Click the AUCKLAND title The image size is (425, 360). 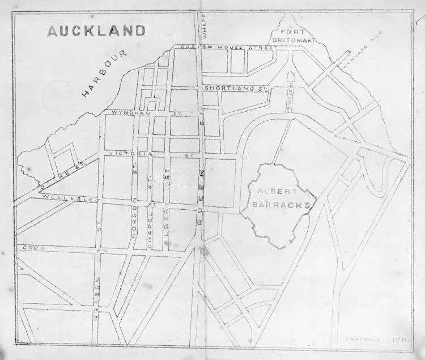click(96, 31)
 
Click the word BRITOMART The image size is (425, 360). click(290, 41)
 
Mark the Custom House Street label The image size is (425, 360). click(228, 48)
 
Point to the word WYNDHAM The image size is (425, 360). click(127, 114)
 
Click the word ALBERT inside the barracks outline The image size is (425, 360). click(271, 192)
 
